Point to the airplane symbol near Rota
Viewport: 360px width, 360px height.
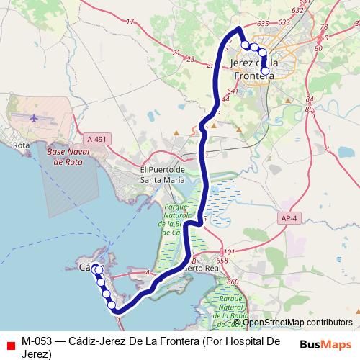(x=35, y=116)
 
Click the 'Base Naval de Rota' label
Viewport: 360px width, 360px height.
(x=70, y=158)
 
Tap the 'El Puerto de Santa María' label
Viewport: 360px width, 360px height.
(x=162, y=175)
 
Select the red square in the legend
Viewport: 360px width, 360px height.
(x=9, y=343)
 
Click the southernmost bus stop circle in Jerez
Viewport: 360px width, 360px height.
(x=266, y=71)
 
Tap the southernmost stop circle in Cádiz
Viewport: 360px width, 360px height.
(x=112, y=307)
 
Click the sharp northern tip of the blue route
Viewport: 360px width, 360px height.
(x=239, y=28)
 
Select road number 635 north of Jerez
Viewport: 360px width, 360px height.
(x=263, y=24)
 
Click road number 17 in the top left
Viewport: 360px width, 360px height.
(x=130, y=22)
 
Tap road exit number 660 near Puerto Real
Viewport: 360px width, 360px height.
(x=232, y=282)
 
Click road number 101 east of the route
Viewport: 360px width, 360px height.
(x=222, y=252)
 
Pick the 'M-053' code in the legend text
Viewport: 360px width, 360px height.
(x=35, y=341)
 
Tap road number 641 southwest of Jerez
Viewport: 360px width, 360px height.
(x=232, y=91)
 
